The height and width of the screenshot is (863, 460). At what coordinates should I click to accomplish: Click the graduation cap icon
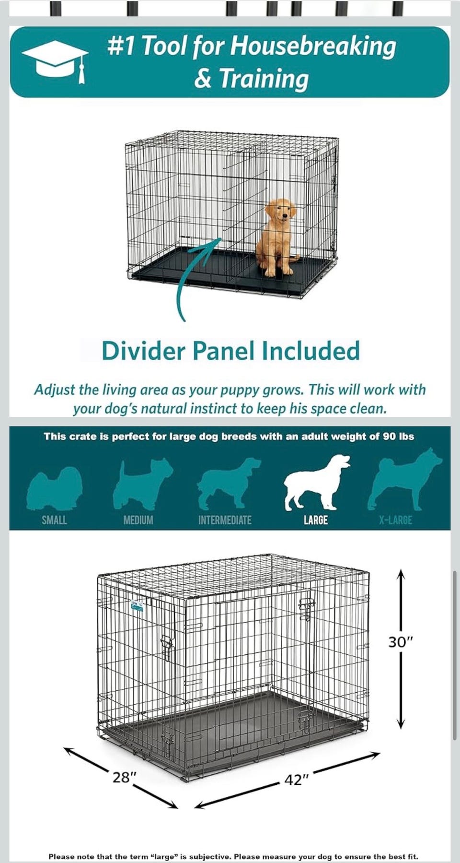pyautogui.click(x=55, y=60)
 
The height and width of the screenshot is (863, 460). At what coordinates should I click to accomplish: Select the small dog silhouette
pyautogui.click(x=54, y=488)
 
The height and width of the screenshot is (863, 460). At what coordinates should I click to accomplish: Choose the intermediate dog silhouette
pyautogui.click(x=229, y=483)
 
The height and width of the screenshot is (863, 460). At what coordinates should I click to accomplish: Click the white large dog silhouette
pyautogui.click(x=316, y=482)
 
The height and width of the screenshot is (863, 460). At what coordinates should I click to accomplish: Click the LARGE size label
pyautogui.click(x=316, y=520)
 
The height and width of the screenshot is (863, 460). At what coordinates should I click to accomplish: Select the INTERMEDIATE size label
pyautogui.click(x=225, y=520)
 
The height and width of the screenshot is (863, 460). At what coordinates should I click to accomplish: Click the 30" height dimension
pyautogui.click(x=400, y=642)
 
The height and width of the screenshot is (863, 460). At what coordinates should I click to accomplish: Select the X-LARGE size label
pyautogui.click(x=395, y=520)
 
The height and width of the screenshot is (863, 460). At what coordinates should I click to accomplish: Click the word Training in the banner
pyautogui.click(x=264, y=79)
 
